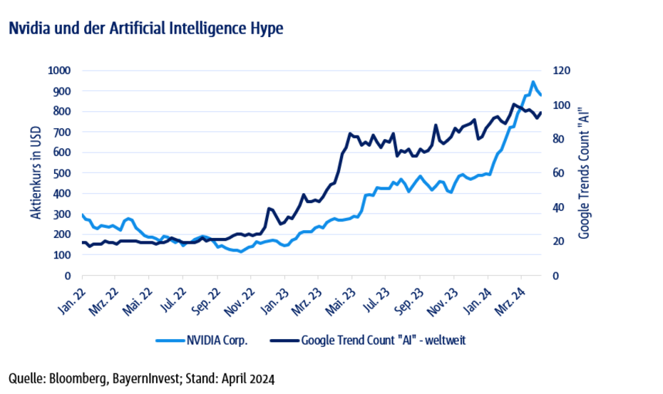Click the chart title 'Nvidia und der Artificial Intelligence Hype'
tap(145, 29)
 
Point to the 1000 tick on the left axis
tap(59, 71)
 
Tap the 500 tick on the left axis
tap(63, 173)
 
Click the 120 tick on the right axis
tap(563, 71)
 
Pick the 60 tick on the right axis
tap(560, 173)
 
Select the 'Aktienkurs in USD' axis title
tap(35, 173)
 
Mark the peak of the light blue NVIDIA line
tap(533, 82)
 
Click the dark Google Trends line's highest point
tap(514, 104)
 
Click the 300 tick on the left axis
tap(63, 214)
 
